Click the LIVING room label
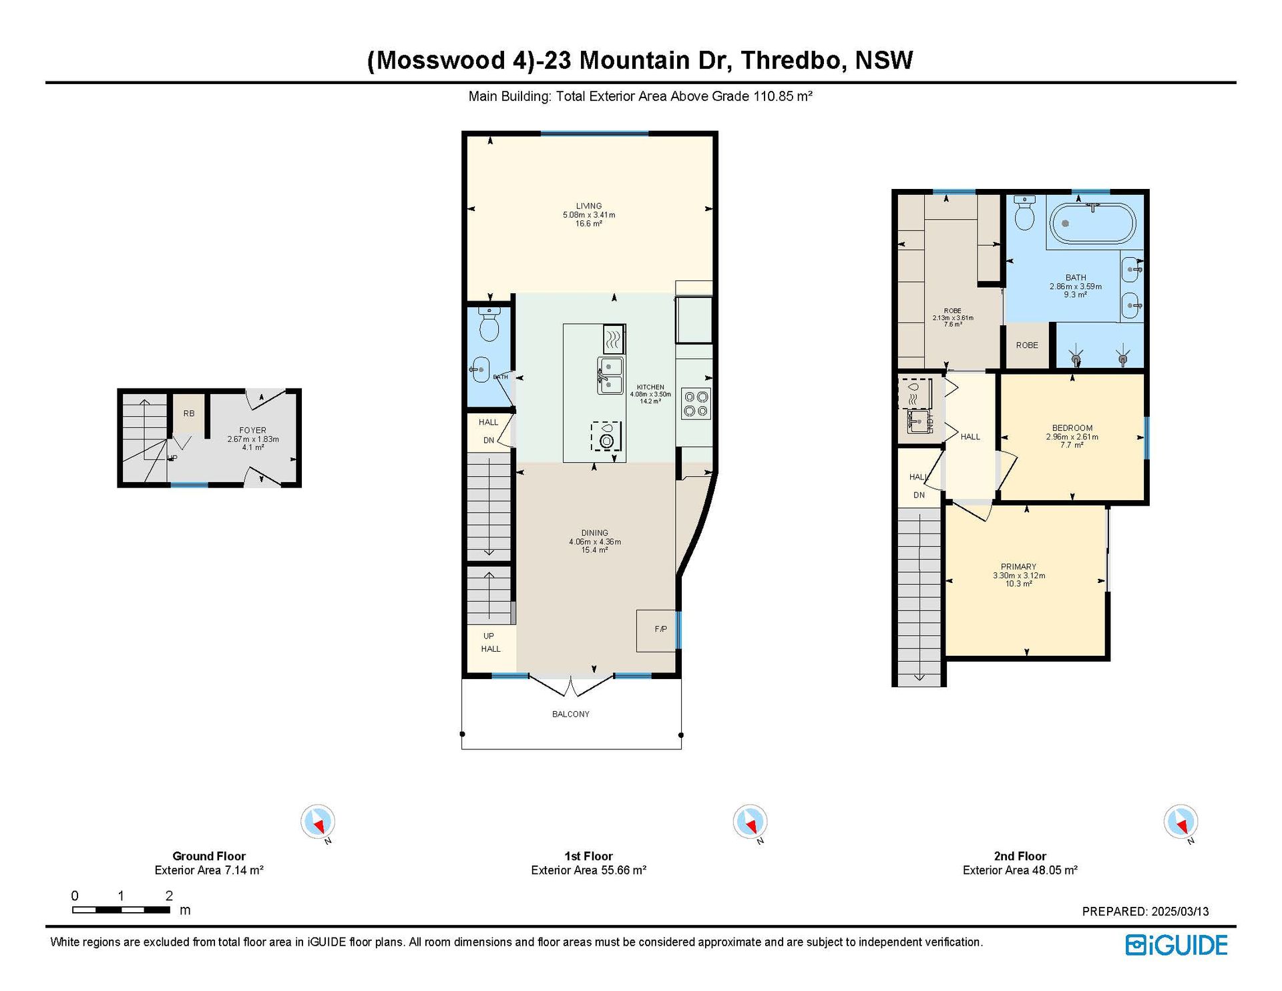[x=589, y=206]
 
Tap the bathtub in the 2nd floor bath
[x=1092, y=224]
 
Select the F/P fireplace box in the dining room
[x=658, y=630]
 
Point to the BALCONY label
[x=571, y=714]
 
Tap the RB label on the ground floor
[x=189, y=413]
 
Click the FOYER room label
[x=253, y=430]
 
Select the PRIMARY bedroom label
[x=1018, y=566]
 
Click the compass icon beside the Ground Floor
[x=318, y=822]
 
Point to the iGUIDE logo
[x=1177, y=945]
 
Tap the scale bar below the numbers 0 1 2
[x=121, y=910]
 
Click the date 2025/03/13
[x=1181, y=912]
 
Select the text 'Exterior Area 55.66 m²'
[x=589, y=870]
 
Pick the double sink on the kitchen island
[x=610, y=375]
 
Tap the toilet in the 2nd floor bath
[x=1024, y=212]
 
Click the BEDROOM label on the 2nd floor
[x=1072, y=428]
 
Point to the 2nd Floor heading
[x=1020, y=856]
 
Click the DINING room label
[x=594, y=533]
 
